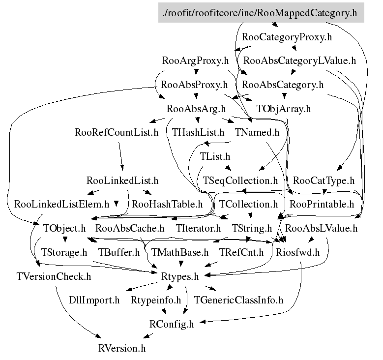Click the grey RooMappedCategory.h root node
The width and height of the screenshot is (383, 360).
pos(262,13)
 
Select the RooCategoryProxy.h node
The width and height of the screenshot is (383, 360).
pos(287,37)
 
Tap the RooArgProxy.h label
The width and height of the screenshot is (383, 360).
pos(196,61)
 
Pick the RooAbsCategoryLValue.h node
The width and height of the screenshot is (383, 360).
pos(299,61)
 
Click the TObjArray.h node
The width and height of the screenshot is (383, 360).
pos(284,109)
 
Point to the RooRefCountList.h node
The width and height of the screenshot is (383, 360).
pos(117,132)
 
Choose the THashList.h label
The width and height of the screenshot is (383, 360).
pos(198,132)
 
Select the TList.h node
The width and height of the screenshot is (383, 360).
pos(215,156)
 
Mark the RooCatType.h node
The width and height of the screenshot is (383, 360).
pos(324,180)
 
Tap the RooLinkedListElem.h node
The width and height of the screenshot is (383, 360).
pos(62,204)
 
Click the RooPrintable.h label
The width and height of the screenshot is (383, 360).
pos(322,204)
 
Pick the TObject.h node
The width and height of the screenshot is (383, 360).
pos(64,228)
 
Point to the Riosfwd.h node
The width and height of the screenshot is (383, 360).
pos(298,252)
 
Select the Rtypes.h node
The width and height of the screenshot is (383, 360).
pos(180,276)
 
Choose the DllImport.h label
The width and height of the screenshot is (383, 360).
pos(94,300)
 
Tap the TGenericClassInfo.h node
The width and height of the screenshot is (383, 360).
pos(239,300)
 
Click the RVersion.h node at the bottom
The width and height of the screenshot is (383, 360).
pos(122,348)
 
